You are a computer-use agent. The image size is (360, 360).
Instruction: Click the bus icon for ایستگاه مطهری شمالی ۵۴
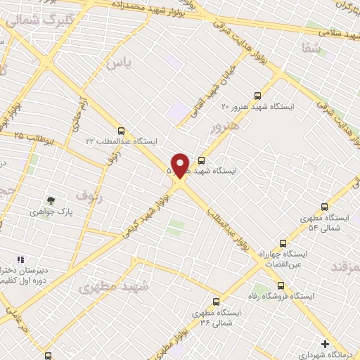click(324, 207)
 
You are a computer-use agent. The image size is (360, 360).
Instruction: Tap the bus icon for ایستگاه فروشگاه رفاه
click(281, 286)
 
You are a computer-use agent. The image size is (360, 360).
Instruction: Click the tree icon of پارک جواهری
click(49, 200)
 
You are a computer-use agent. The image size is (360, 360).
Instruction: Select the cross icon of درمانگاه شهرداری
click(324, 344)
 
